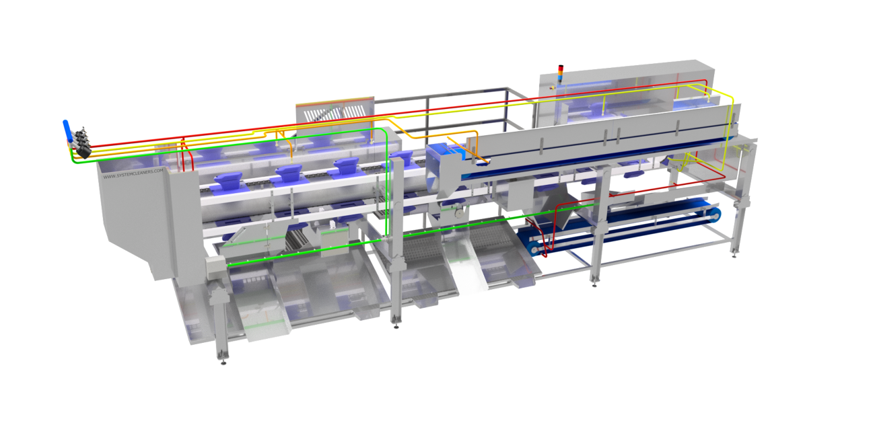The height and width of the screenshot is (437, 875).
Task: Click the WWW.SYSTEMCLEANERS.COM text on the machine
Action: coord(133,173)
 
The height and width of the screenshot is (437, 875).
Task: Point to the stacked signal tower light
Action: coord(562,73)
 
